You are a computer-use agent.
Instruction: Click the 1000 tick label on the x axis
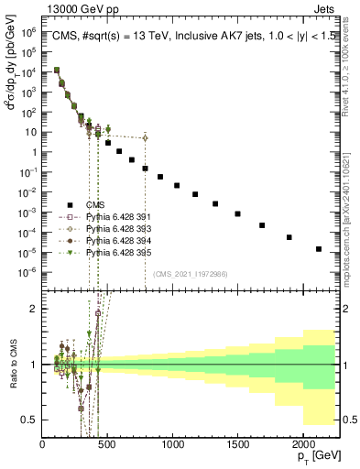click(172, 446)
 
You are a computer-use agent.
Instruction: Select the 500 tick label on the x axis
click(107, 446)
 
